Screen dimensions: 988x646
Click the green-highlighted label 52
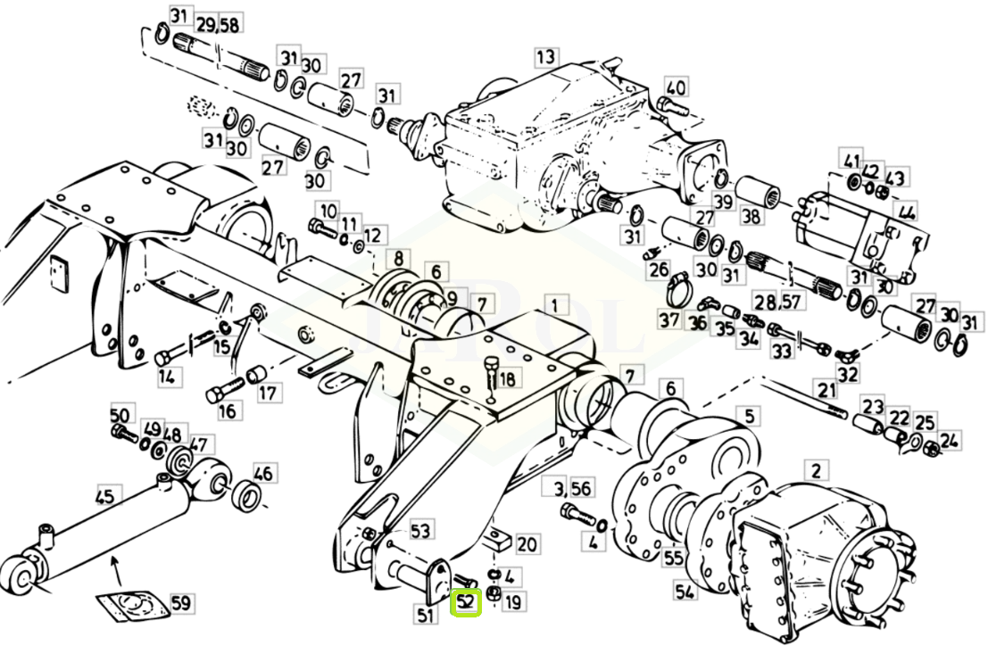466,602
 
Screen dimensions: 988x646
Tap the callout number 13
545,57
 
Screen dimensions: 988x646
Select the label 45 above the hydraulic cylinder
105,496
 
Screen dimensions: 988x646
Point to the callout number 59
181,603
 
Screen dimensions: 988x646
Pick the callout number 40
676,87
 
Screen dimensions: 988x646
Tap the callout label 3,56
573,488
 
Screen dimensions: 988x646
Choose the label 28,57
779,302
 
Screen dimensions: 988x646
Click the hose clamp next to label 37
679,287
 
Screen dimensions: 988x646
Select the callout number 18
507,377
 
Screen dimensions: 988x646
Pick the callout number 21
826,390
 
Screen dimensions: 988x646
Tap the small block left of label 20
498,540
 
